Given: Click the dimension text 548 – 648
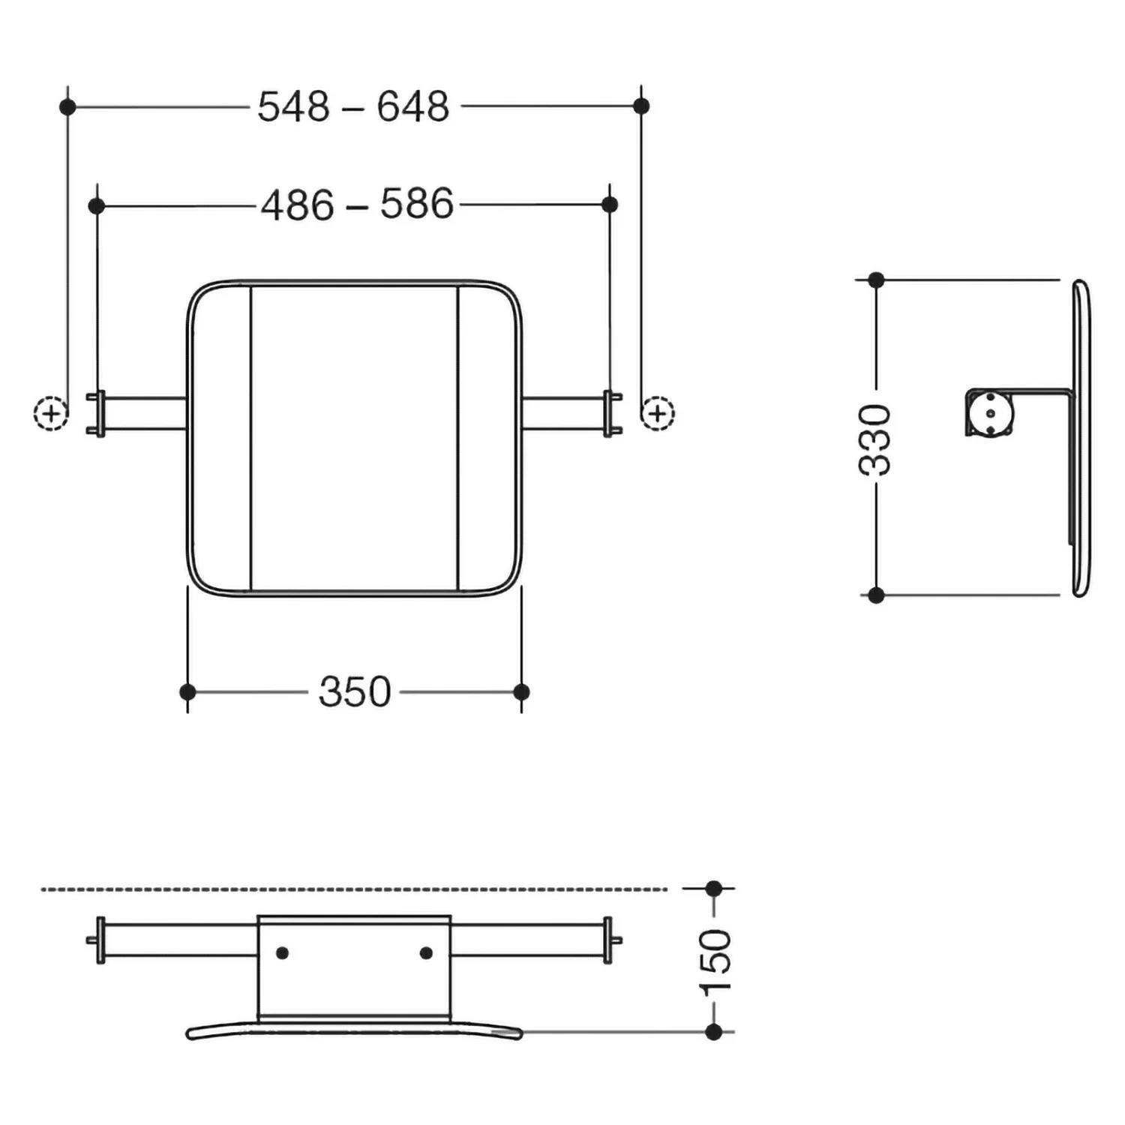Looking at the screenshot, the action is pyautogui.click(x=353, y=106).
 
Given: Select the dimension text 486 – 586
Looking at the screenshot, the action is pyautogui.click(x=357, y=204).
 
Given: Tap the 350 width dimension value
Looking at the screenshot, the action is pyautogui.click(x=355, y=691).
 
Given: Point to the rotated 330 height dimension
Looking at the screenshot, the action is pyautogui.click(x=875, y=439).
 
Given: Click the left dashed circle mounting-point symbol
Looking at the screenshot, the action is pyautogui.click(x=51, y=412).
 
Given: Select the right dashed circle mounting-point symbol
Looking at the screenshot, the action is pyautogui.click(x=658, y=412).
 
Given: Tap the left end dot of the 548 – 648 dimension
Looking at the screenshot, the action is pyautogui.click(x=67, y=106).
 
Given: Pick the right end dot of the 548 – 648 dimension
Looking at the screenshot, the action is pyautogui.click(x=641, y=106).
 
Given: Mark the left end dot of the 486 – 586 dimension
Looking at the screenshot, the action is pyautogui.click(x=96, y=205).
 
